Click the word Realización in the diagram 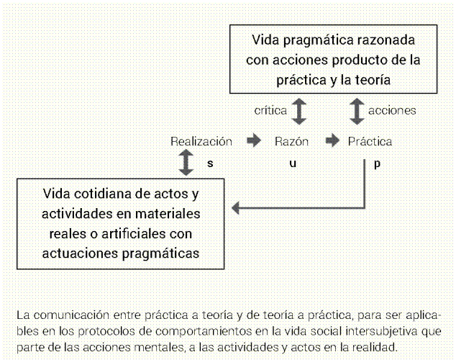201,142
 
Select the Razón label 291,142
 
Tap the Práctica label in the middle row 370,142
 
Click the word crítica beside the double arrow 270,111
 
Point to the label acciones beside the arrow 392,111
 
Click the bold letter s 210,163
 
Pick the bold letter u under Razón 292,163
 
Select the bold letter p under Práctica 377,163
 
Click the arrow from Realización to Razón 254,141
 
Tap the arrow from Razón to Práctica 332,141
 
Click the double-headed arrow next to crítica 298,111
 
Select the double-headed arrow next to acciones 357,111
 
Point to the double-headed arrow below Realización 186,163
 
